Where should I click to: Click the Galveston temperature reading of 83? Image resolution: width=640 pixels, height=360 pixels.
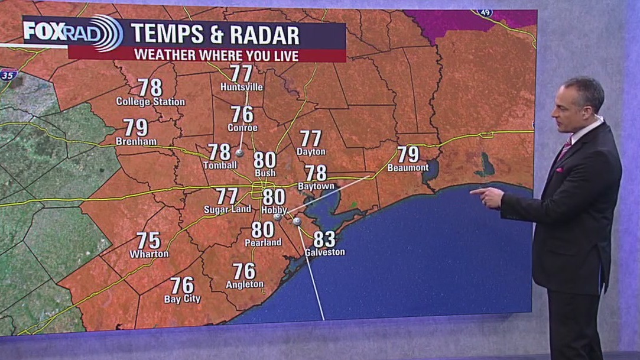(324, 239)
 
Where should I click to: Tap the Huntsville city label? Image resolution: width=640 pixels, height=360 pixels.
(241, 87)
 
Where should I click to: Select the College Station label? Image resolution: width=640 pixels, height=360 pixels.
(150, 102)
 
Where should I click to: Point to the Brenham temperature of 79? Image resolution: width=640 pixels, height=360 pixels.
(136, 128)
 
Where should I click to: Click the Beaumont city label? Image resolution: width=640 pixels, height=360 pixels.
(408, 168)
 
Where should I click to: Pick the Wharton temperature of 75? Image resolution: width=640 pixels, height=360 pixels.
(149, 241)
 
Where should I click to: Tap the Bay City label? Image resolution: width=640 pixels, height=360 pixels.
(182, 300)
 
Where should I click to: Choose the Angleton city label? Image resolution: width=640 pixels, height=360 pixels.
(245, 285)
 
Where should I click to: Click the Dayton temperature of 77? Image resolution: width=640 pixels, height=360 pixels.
(311, 138)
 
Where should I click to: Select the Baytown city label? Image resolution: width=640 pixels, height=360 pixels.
(316, 186)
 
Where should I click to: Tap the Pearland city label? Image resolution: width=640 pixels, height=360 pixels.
(263, 242)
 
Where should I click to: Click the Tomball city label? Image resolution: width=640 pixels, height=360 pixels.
(220, 166)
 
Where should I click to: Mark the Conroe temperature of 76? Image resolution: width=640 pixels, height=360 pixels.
(242, 114)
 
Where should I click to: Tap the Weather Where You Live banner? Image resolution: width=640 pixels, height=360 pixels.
(216, 56)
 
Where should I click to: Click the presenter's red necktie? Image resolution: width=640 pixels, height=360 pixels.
(566, 147)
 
